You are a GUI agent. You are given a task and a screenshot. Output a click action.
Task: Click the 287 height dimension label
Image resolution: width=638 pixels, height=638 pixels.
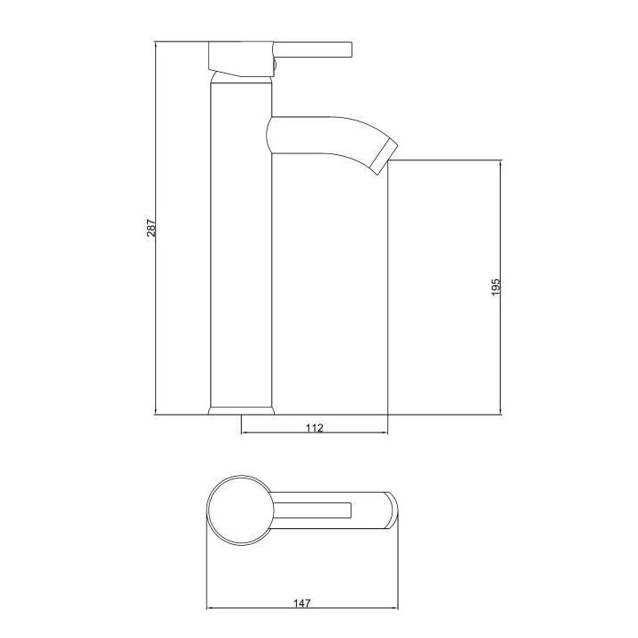click(x=152, y=228)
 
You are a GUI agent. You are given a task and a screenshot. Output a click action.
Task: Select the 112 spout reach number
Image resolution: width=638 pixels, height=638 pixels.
click(x=315, y=428)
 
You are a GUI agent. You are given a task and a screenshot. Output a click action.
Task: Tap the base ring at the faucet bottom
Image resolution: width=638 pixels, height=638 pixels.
click(x=241, y=411)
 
